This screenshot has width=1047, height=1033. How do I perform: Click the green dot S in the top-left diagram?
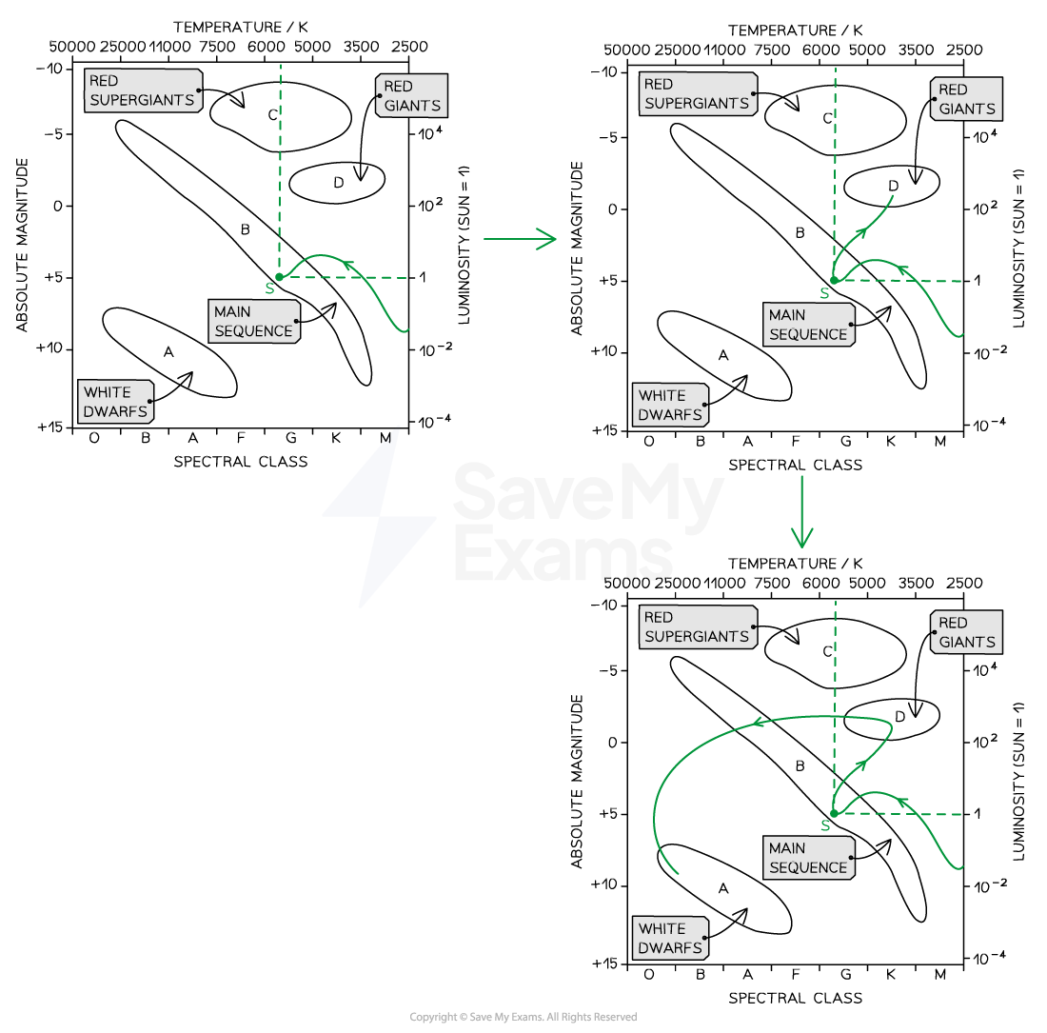pyautogui.click(x=280, y=277)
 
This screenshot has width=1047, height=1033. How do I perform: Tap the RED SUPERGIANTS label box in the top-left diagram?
pyautogui.click(x=143, y=90)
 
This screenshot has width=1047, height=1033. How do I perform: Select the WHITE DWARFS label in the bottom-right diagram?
pyautogui.click(x=670, y=938)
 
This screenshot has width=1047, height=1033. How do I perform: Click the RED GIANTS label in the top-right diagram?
pyautogui.click(x=966, y=99)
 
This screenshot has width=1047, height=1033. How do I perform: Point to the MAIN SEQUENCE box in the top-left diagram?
pyautogui.click(x=254, y=321)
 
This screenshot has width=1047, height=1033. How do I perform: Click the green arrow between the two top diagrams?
pyautogui.click(x=520, y=238)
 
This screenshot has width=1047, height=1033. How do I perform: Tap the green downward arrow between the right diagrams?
pyautogui.click(x=802, y=511)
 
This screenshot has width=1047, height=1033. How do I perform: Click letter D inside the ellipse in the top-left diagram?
pyautogui.click(x=339, y=182)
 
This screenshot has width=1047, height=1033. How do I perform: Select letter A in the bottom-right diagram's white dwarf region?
pyautogui.click(x=723, y=889)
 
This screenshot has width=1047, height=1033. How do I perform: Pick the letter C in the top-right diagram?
pyautogui.click(x=827, y=118)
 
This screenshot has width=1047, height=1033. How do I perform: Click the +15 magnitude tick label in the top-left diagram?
pyautogui.click(x=49, y=427)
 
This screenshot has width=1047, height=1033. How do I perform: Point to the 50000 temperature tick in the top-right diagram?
pyautogui.click(x=627, y=50)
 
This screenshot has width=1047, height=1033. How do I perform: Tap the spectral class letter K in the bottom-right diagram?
pyautogui.click(x=891, y=975)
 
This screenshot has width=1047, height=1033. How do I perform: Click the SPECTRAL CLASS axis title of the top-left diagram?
pyautogui.click(x=241, y=462)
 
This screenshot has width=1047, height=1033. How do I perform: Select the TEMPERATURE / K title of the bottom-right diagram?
pyautogui.click(x=796, y=564)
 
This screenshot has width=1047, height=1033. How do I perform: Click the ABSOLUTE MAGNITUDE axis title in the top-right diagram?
pyautogui.click(x=577, y=248)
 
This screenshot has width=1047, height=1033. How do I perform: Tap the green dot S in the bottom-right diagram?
pyautogui.click(x=834, y=813)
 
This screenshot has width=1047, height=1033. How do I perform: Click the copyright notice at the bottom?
pyautogui.click(x=523, y=1017)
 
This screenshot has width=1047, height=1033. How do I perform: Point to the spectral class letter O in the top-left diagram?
pyautogui.click(x=94, y=438)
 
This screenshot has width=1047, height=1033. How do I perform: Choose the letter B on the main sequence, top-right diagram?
pyautogui.click(x=800, y=233)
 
